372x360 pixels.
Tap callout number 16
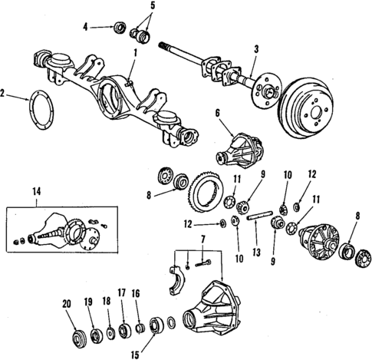click(x=137, y=292)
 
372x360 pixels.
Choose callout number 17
click(x=120, y=292)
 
